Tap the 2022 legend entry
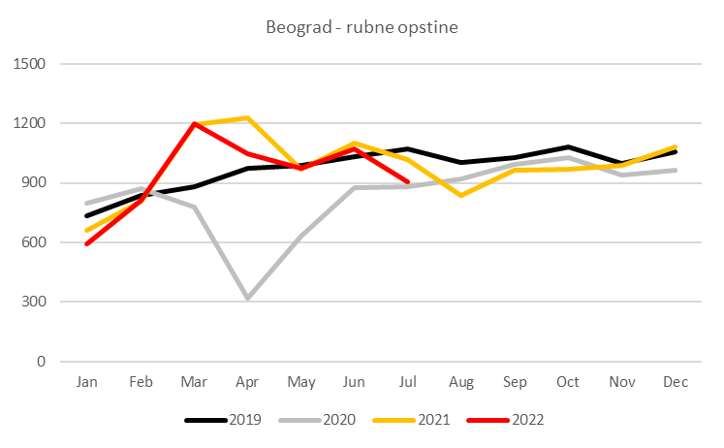522,420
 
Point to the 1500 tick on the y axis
35,64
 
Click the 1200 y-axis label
35,123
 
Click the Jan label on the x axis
87,383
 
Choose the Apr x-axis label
247,383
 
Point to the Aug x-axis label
461,383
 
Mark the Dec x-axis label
676,383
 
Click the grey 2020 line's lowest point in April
247,299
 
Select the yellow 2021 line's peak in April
247,118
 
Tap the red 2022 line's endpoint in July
408,182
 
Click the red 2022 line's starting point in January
87,243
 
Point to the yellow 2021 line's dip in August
461,195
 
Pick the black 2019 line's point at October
569,147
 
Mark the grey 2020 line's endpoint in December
676,171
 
